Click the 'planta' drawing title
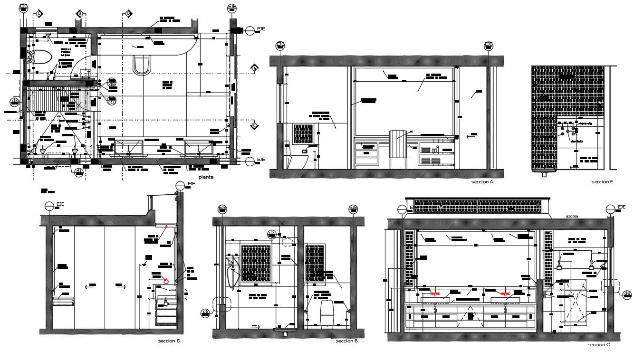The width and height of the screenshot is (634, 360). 206,177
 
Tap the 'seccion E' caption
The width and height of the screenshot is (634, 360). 602,182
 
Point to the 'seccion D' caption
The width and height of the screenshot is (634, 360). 169,341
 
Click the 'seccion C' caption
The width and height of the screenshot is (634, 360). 598,345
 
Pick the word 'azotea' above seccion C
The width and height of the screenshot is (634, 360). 572,216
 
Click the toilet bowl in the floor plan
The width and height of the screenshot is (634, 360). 42,57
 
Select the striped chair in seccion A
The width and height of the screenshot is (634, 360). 398,148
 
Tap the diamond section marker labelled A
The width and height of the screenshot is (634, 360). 254,68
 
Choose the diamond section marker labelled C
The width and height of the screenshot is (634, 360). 254,126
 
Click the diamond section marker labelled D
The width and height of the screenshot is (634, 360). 128,14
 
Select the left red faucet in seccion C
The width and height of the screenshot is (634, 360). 435,294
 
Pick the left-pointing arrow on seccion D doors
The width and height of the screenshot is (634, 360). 88,286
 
